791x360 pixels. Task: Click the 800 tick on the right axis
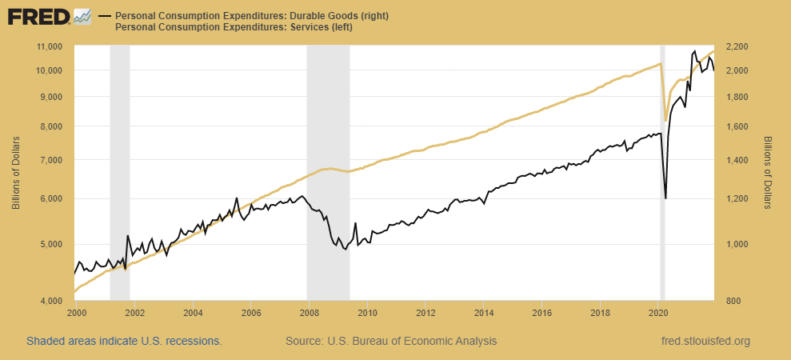[x=733, y=301]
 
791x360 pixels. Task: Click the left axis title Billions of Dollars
[x=16, y=174]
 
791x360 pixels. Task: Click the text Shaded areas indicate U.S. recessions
[x=124, y=341]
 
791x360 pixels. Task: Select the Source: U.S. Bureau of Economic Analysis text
[x=391, y=341]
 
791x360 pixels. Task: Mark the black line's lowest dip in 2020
[x=665, y=198]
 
